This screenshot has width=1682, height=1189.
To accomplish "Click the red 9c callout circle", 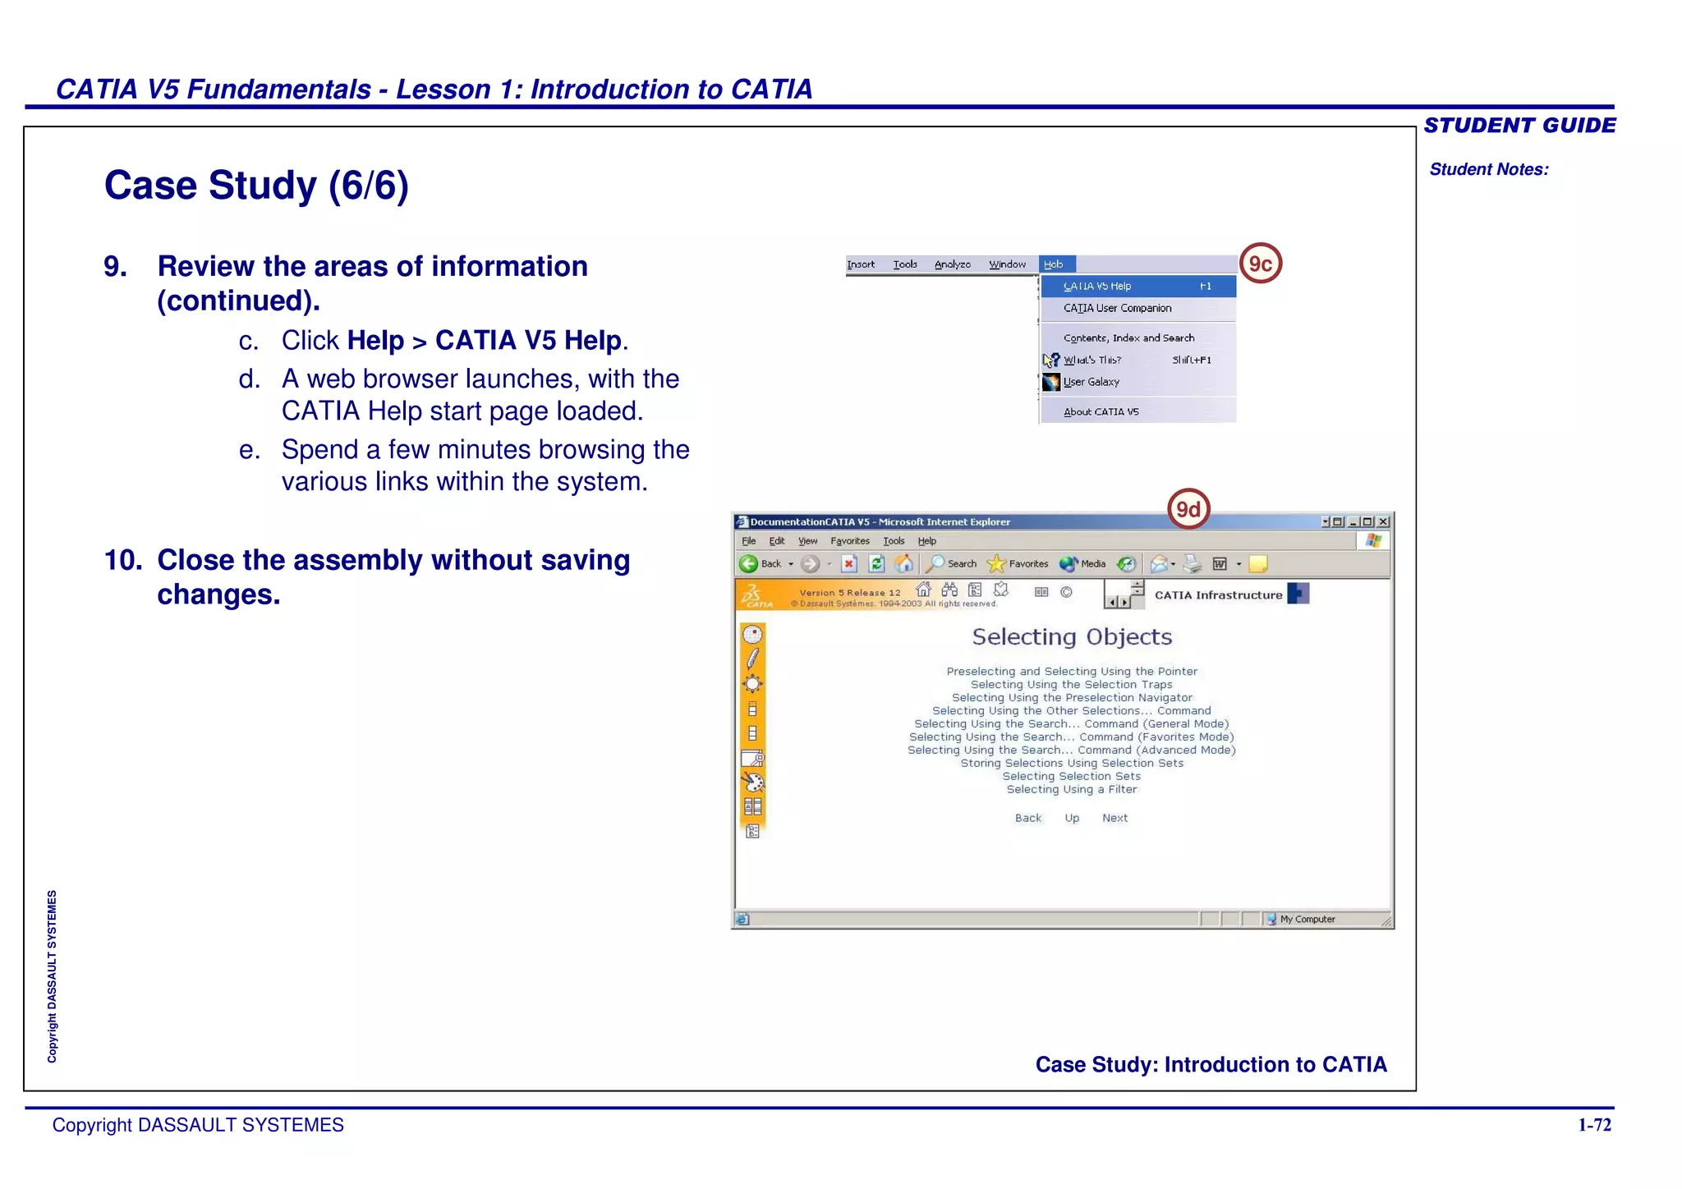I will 1260,264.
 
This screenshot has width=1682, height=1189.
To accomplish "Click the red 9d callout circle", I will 1188,510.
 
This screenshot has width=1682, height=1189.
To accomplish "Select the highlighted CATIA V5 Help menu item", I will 1137,286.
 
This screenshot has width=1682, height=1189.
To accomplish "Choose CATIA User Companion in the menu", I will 1117,308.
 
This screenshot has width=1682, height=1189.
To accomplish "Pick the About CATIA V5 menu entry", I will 1101,411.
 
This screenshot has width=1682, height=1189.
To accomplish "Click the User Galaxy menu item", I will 1091,382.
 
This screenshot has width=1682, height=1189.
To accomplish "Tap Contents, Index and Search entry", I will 1128,337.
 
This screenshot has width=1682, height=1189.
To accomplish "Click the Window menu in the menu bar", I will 1007,264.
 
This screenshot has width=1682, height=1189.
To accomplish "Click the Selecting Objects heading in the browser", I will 1072,637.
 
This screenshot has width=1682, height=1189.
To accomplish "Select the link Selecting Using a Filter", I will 1072,789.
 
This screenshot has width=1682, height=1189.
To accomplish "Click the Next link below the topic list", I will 1114,818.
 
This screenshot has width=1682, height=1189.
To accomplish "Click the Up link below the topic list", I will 1072,818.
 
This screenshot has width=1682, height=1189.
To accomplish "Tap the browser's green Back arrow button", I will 748,563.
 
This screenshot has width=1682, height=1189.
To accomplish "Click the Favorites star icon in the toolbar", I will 995,563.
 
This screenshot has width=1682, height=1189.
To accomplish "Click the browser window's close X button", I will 1383,521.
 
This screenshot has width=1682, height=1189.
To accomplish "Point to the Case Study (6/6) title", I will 256,186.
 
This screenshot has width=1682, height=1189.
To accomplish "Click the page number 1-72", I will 1594,1125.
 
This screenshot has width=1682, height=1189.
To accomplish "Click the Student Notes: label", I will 1488,169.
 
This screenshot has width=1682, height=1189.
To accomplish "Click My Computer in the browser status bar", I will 1307,919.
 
